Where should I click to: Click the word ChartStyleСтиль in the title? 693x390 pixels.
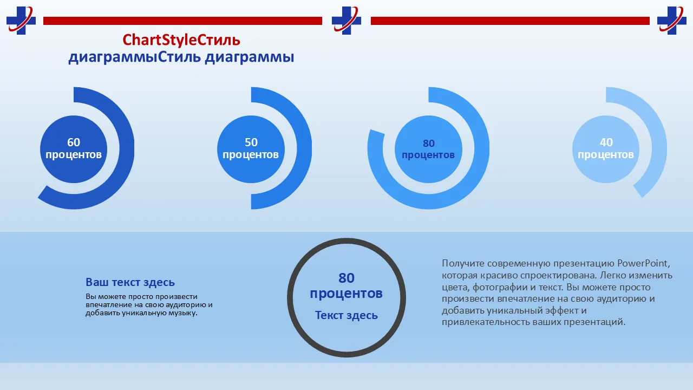point(181,40)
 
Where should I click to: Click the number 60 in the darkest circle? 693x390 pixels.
point(74,142)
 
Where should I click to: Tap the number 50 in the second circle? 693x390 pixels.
point(251,142)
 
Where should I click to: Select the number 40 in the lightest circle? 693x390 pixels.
point(606,142)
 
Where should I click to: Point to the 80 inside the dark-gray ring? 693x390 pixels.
point(346,278)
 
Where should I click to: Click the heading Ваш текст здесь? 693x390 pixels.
point(130,282)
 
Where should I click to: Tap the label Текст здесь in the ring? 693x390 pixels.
point(346,315)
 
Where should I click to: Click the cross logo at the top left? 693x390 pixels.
point(21,21)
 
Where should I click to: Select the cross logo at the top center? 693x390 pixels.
point(346,21)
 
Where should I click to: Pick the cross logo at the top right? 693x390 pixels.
point(672,21)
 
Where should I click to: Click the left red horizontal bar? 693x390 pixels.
point(182,21)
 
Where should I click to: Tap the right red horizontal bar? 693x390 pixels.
point(510,21)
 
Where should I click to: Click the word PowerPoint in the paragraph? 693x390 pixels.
point(644,263)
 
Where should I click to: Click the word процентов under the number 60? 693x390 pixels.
point(74,154)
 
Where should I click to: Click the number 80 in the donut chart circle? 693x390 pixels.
point(429,144)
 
